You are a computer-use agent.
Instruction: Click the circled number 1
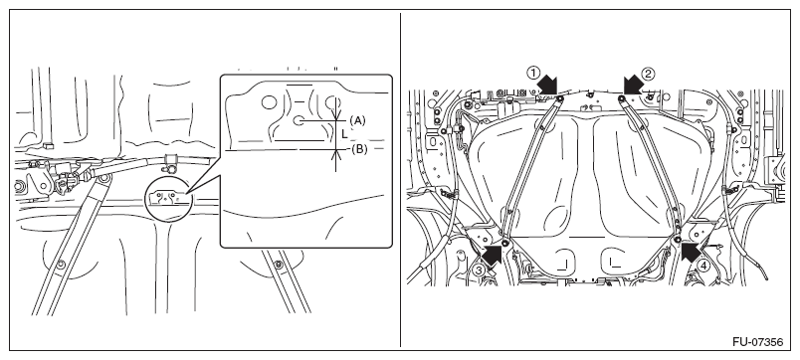click(x=533, y=73)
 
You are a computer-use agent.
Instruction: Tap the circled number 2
click(x=648, y=74)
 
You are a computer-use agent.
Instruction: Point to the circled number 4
click(x=703, y=266)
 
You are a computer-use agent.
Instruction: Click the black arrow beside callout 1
click(x=548, y=85)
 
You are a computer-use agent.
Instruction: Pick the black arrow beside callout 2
click(x=634, y=85)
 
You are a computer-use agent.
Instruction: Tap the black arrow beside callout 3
click(x=492, y=254)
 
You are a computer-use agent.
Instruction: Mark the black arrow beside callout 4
click(x=692, y=252)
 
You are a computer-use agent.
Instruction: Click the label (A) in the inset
click(x=357, y=120)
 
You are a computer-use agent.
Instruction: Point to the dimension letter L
click(x=345, y=134)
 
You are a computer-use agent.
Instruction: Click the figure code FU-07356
click(x=757, y=342)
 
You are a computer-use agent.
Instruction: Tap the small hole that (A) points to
click(x=300, y=121)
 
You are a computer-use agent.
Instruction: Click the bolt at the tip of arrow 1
click(x=560, y=98)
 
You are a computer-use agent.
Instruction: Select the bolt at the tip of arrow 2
click(x=622, y=98)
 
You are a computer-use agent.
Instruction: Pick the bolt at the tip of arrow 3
click(x=505, y=242)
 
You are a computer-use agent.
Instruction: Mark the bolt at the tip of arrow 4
click(x=677, y=240)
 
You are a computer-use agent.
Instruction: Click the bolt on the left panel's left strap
click(x=61, y=264)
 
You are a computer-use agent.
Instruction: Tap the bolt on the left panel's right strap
click(x=278, y=265)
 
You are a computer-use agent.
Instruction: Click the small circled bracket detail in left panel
click(x=168, y=198)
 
